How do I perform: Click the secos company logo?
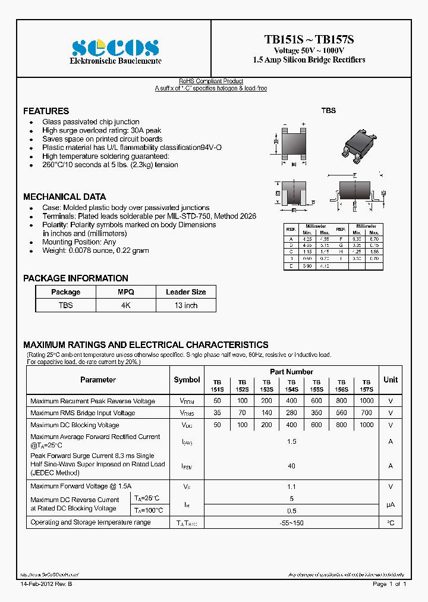click(115, 48)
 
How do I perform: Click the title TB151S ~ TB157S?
click(309, 40)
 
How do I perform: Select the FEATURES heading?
click(46, 111)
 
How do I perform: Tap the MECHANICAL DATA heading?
click(64, 197)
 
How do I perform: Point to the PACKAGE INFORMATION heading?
click(75, 278)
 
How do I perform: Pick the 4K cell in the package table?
click(125, 305)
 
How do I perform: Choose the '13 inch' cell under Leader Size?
click(185, 305)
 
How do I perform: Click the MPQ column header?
click(125, 292)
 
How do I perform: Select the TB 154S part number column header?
click(291, 385)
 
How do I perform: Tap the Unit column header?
click(391, 380)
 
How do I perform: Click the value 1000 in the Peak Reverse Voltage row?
click(367, 401)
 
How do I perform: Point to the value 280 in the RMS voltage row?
click(291, 413)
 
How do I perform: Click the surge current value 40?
click(291, 466)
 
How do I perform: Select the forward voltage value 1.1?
click(291, 487)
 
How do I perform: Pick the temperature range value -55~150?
click(291, 522)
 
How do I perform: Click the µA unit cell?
click(391, 504)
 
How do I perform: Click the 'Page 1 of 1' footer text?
click(389, 584)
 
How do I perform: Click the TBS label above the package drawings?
click(328, 111)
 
